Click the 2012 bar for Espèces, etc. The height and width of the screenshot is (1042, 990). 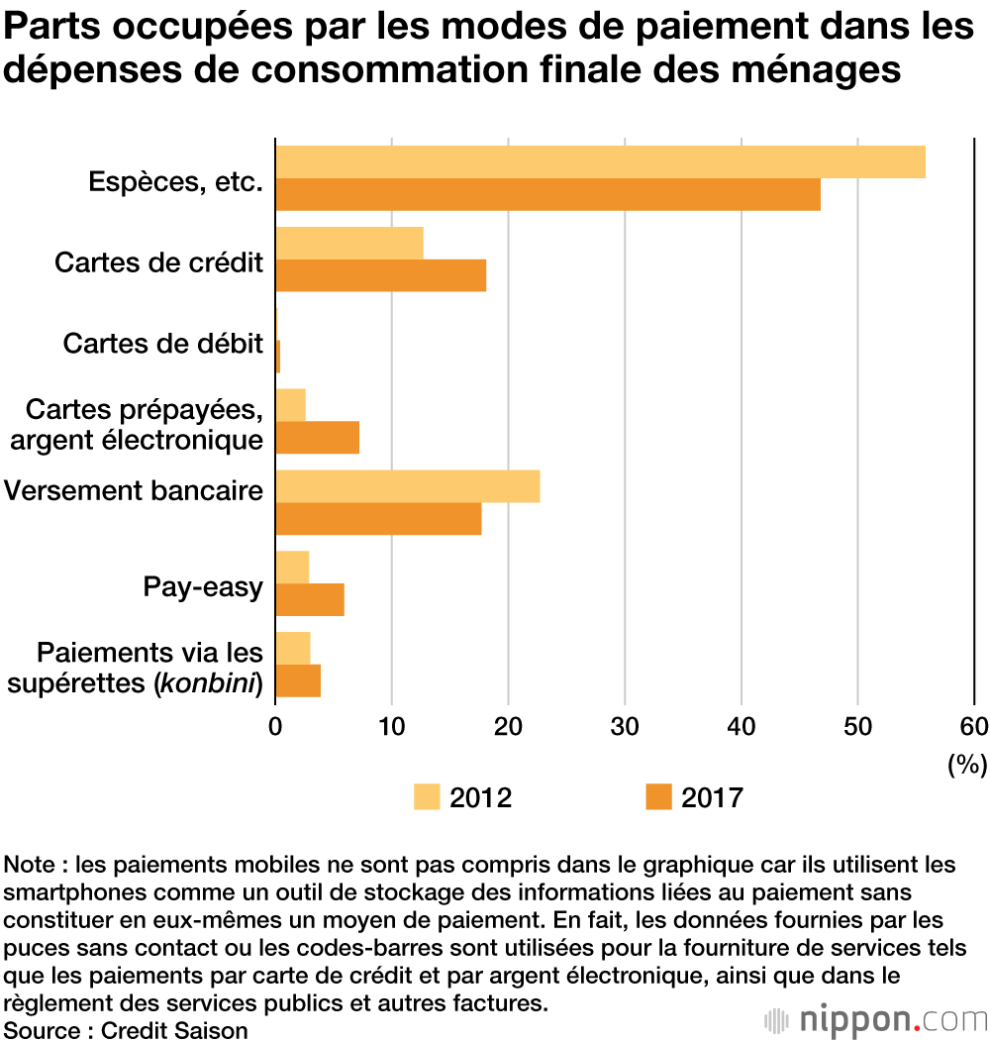coord(600,161)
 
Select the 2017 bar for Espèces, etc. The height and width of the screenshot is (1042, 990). coord(547,194)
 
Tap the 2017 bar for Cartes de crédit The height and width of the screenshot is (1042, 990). coord(380,275)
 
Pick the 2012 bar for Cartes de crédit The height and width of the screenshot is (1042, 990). coord(348,243)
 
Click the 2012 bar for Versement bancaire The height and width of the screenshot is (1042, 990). coord(407,486)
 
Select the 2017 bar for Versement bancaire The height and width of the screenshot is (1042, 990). coord(378,519)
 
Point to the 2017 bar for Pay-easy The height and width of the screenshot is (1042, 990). coord(309,600)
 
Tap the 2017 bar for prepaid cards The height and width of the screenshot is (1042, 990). coord(317,438)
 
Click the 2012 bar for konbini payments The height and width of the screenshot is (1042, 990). coord(292,649)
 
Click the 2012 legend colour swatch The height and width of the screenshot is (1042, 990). coord(427,796)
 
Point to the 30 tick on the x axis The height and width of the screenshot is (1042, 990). coord(625,725)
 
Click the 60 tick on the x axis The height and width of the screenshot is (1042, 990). coord(974,725)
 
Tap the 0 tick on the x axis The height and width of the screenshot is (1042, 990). coord(275,725)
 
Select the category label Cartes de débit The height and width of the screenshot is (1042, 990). coord(163,344)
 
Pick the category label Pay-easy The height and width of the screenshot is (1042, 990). coord(203,587)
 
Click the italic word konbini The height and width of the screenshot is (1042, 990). coord(208,681)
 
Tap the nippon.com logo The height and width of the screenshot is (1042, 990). coord(875,1019)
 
